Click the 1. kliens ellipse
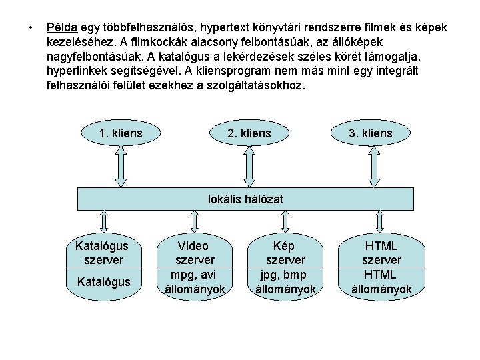point(121,133)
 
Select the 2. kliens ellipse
point(249,133)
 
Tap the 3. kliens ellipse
point(371,133)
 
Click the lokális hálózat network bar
point(246,199)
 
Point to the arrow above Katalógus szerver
point(104,220)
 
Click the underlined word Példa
point(62,28)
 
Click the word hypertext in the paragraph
point(213,28)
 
